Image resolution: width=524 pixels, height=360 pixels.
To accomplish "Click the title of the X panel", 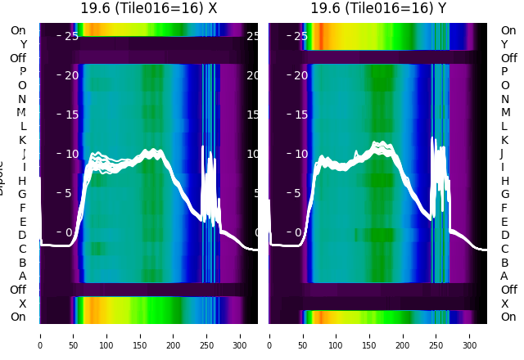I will pyautogui.click(x=148, y=8).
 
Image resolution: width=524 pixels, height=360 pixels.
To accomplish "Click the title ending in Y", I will pyautogui.click(x=378, y=8).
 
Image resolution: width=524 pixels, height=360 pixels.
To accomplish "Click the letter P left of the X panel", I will pyautogui.click(x=22, y=71).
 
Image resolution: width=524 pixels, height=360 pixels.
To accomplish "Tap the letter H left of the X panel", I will pyautogui.click(x=22, y=181).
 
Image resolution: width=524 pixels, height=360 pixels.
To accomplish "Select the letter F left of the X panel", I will pyautogui.click(x=22, y=208).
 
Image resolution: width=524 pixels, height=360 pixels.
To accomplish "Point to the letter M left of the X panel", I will pyautogui.click(x=22, y=112).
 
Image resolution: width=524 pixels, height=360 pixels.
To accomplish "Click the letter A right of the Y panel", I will pyautogui.click(x=504, y=276).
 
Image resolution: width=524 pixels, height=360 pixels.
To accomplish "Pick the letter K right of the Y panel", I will pyautogui.click(x=504, y=140).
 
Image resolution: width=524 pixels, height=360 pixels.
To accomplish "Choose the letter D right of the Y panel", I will pyautogui.click(x=504, y=235).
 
